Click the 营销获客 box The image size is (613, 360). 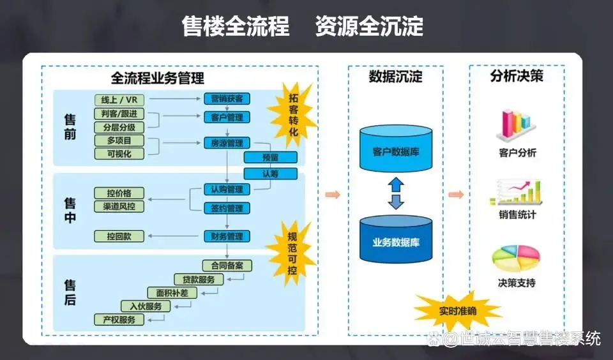point(227,99)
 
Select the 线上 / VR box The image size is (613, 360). point(119,100)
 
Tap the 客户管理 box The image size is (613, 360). point(227,117)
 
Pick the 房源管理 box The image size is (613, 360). point(227,143)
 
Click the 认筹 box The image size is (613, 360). point(270,174)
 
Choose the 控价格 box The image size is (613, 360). point(119,193)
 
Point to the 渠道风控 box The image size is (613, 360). point(119,206)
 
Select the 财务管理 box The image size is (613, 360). point(227,236)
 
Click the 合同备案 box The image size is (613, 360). point(227,266)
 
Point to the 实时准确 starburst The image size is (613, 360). point(457,311)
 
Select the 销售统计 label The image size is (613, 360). point(517,215)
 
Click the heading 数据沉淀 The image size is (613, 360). point(396,77)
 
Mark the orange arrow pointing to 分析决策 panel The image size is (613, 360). point(456,195)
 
